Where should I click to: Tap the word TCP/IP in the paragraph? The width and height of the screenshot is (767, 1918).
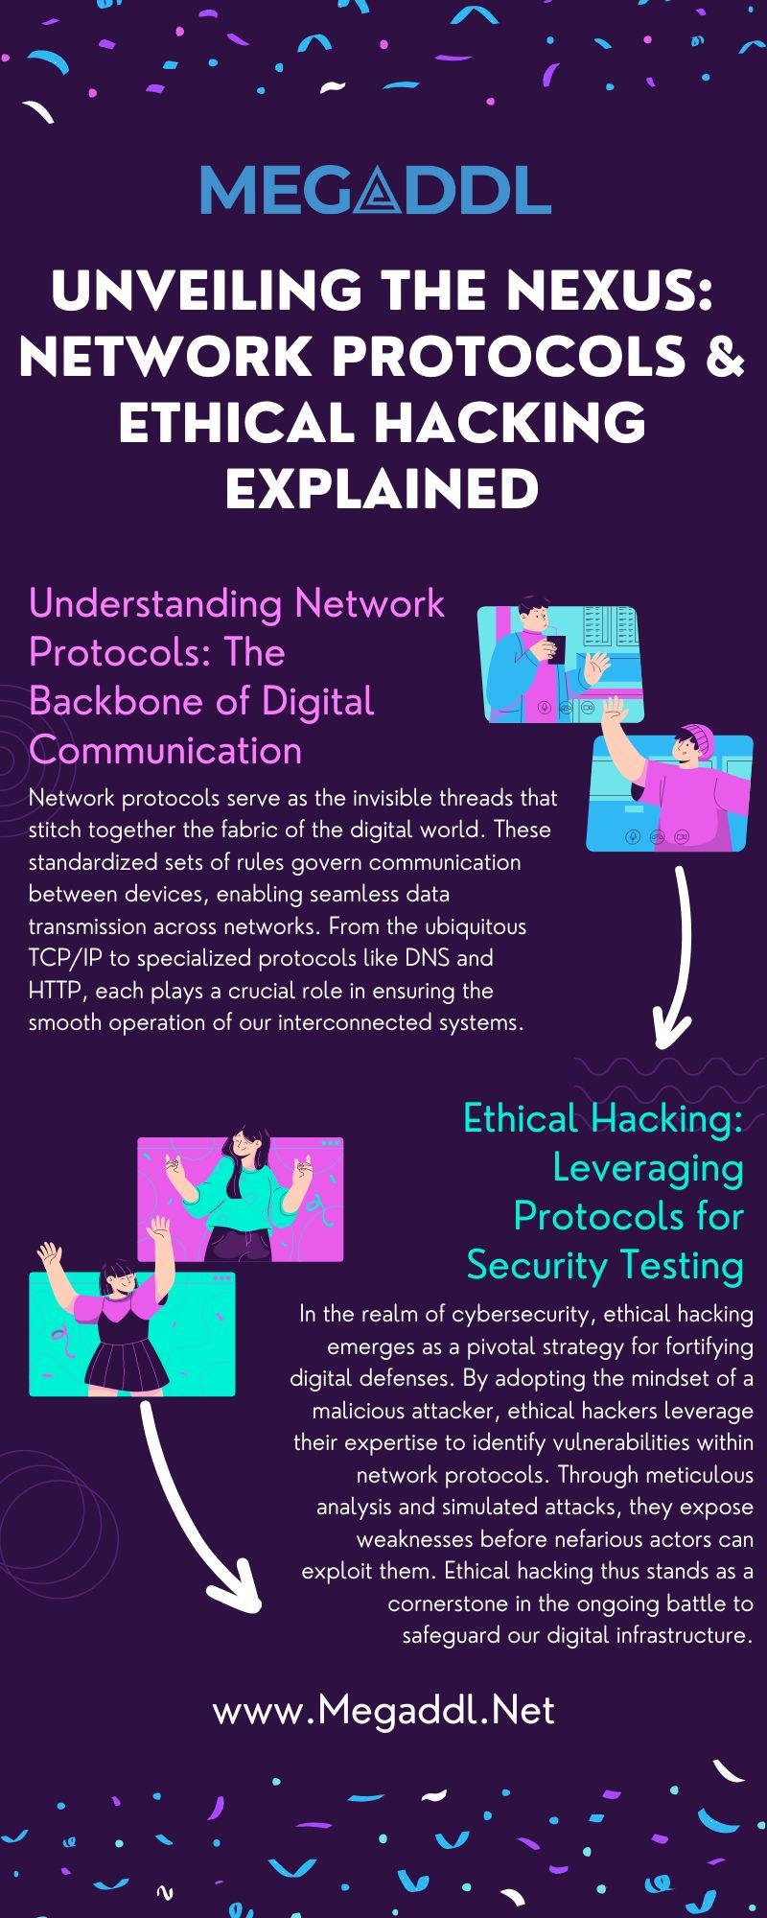(x=61, y=958)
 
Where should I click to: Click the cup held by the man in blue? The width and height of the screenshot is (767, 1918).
(x=556, y=648)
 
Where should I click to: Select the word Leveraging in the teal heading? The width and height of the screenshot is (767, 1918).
(x=648, y=1169)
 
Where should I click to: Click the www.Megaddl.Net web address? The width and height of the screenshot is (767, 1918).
(x=383, y=1710)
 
